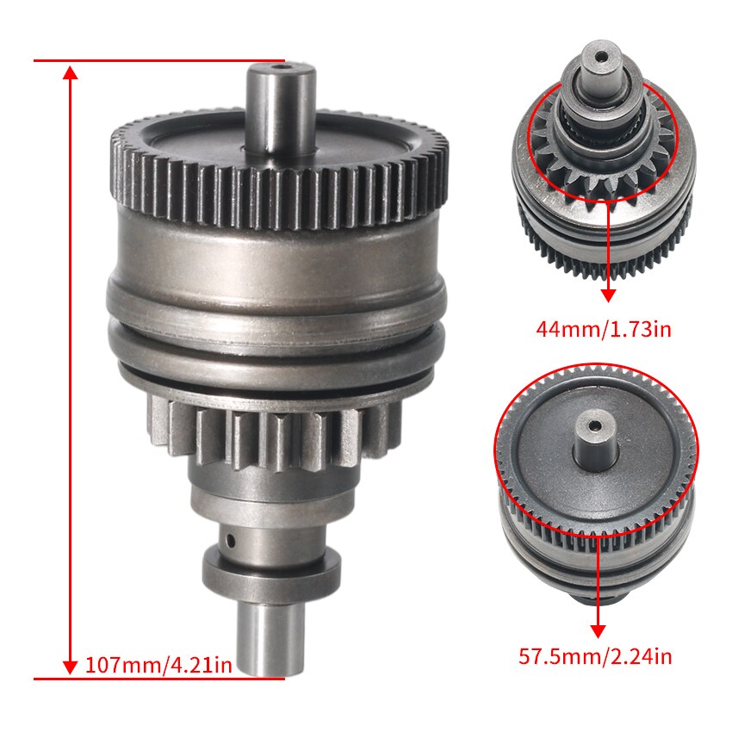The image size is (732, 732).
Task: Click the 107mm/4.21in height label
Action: pos(158,665)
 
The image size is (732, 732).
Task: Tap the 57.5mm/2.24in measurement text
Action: pos(595,657)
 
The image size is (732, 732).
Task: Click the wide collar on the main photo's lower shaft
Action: pos(271,567)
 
